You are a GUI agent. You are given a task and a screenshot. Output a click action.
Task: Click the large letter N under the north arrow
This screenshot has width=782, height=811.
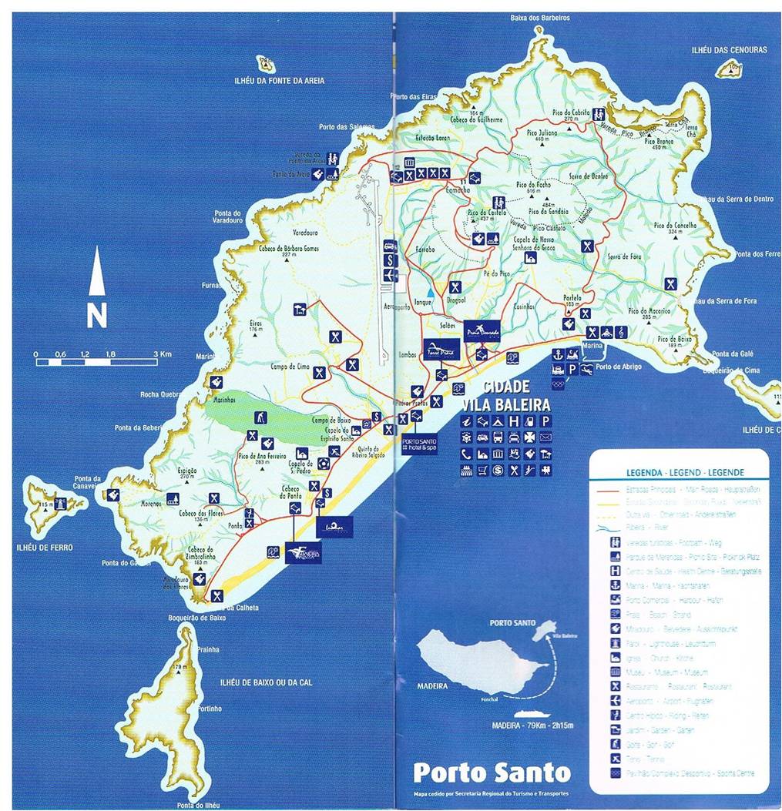(x=96, y=316)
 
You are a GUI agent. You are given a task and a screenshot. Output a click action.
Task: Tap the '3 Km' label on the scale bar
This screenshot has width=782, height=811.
(x=163, y=354)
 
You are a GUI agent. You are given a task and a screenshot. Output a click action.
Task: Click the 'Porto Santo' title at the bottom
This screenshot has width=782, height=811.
(x=492, y=772)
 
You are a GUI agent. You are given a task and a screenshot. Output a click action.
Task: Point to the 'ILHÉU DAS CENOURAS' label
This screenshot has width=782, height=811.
(x=729, y=50)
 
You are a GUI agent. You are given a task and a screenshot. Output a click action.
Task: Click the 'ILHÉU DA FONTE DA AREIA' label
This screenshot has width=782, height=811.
(x=280, y=81)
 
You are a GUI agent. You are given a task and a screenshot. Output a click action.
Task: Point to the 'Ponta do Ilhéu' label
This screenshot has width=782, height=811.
(x=198, y=805)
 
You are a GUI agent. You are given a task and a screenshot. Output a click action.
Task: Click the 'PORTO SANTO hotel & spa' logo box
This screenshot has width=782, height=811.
(x=419, y=444)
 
